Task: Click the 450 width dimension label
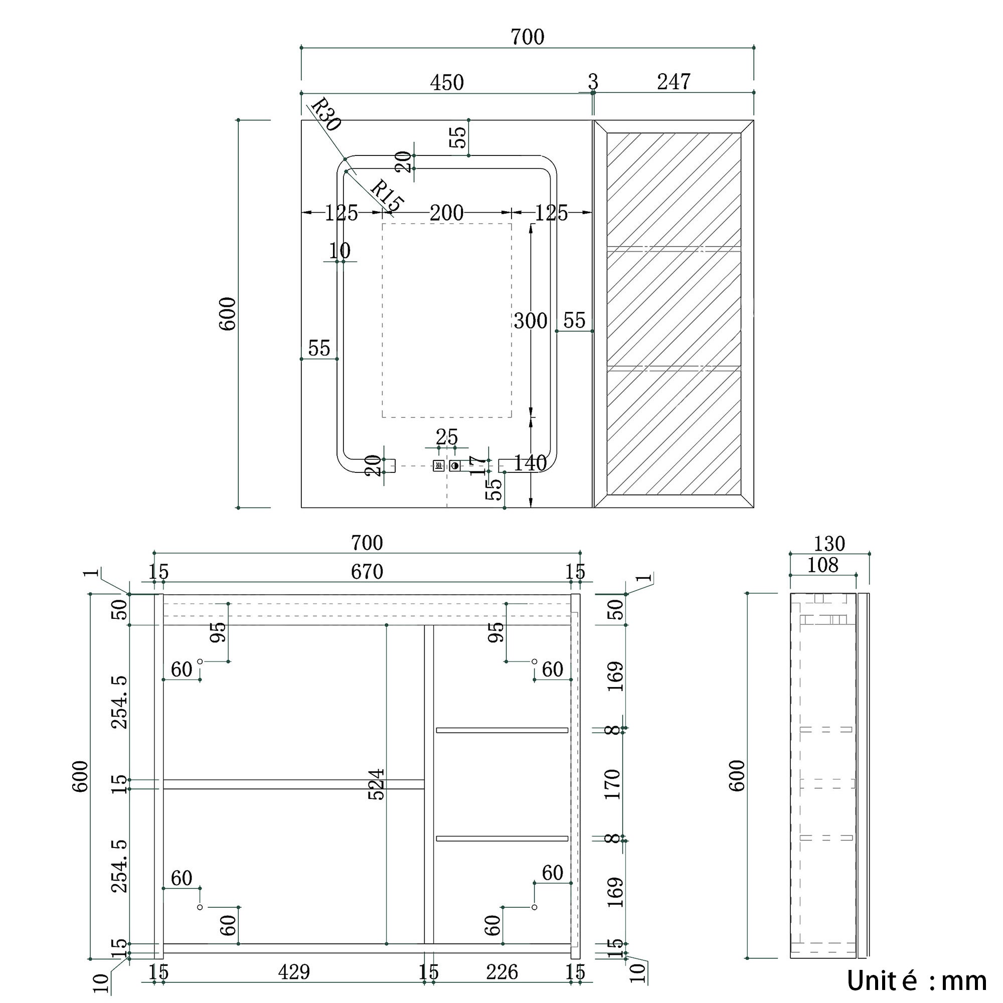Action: click(446, 83)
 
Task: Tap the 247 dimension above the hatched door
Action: click(674, 82)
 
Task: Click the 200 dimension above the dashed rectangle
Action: click(446, 213)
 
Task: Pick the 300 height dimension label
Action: click(530, 321)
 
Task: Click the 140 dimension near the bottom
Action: click(530, 462)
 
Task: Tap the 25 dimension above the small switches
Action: click(446, 437)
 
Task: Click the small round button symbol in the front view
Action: click(455, 466)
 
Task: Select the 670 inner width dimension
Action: click(367, 572)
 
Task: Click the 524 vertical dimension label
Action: click(377, 784)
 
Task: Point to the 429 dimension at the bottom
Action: click(294, 972)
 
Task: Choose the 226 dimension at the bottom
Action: click(502, 972)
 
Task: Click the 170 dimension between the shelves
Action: click(613, 784)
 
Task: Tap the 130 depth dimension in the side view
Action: click(829, 544)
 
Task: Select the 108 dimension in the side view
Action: click(822, 565)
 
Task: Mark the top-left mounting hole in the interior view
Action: click(200, 661)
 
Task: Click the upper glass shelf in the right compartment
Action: click(501, 730)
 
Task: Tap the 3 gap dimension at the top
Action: click(593, 82)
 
